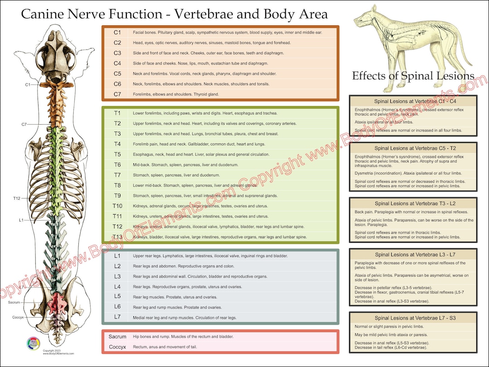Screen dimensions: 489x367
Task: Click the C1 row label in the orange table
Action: click(x=117, y=33)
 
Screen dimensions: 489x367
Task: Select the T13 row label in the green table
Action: click(x=117, y=237)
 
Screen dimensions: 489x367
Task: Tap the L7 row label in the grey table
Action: click(x=117, y=317)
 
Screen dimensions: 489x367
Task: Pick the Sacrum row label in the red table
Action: click(x=117, y=337)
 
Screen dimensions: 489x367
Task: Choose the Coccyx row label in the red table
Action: click(x=117, y=347)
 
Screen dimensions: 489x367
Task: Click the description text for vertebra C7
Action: click(x=176, y=94)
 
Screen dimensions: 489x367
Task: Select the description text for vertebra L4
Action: click(x=187, y=287)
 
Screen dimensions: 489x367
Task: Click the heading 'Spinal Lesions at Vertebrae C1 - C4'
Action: click(x=412, y=101)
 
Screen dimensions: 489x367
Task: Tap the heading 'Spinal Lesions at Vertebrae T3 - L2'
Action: click(x=412, y=204)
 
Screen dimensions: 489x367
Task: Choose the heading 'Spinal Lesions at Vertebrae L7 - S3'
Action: click(x=412, y=318)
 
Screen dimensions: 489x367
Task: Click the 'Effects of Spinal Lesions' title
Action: click(x=413, y=76)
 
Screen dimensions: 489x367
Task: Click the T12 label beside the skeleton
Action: click(x=17, y=198)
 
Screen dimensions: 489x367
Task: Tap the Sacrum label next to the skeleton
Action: click(x=14, y=302)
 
